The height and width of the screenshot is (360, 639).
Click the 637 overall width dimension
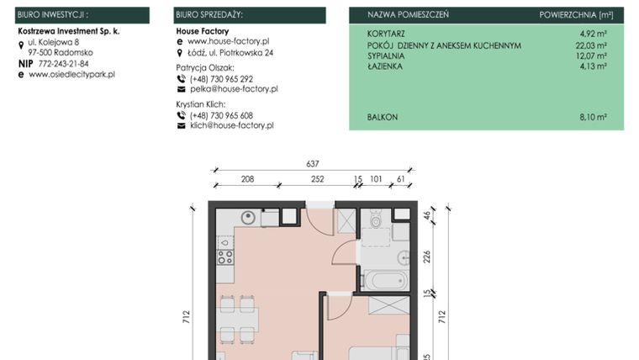313,164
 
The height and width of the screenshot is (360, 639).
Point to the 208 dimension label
247,179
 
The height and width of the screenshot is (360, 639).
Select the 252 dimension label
317,179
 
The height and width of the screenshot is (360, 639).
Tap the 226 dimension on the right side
427,257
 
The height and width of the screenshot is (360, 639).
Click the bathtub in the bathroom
386,278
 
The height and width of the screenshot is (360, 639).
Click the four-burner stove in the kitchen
225,257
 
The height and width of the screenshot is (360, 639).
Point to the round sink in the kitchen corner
247,217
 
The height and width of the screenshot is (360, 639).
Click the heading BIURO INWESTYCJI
53,15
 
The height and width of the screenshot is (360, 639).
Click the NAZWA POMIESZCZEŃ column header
408,15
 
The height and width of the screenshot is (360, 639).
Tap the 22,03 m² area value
591,45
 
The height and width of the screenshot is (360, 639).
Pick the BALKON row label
383,118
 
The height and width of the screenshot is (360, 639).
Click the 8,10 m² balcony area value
593,118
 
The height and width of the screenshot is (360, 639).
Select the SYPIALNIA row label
386,56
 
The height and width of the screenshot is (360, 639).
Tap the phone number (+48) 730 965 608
221,115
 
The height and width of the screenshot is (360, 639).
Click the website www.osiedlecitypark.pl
71,74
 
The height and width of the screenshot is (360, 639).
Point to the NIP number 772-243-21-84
63,63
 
